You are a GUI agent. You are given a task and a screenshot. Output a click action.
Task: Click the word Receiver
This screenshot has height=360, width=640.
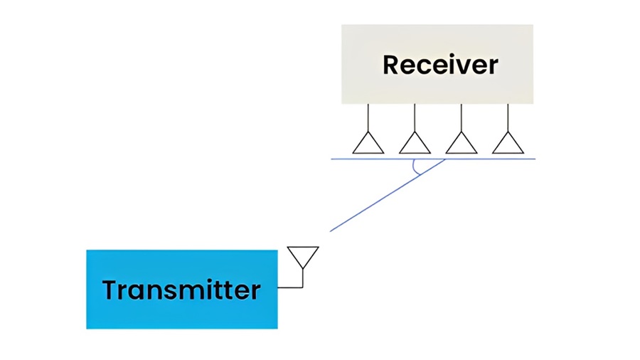(x=440, y=65)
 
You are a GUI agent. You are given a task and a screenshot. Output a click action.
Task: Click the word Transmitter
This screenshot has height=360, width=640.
(x=181, y=290)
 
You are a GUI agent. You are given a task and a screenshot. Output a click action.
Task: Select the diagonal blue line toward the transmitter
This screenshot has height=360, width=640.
(x=388, y=195)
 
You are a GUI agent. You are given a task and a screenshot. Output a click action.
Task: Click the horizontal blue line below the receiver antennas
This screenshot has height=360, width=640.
(x=433, y=159)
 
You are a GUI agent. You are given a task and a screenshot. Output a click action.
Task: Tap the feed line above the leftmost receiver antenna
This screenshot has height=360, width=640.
(x=368, y=117)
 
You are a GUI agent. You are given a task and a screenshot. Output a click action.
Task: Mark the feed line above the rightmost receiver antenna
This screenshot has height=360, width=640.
(x=508, y=117)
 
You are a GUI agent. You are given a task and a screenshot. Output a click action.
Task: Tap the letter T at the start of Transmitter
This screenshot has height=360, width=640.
(x=110, y=290)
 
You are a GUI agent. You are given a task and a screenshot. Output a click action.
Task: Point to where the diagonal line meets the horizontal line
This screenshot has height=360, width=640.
(x=445, y=159)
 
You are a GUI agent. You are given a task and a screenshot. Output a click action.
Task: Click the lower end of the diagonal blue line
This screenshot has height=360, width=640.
(x=330, y=231)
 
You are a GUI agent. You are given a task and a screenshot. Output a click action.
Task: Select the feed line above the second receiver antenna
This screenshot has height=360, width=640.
(x=415, y=117)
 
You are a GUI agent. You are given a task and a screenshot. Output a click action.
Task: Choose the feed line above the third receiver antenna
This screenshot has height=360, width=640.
(x=462, y=117)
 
